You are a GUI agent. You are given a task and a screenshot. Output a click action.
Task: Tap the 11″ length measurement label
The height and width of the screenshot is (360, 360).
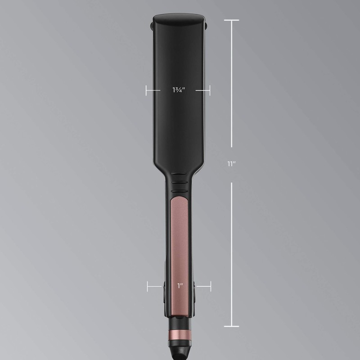(231, 164)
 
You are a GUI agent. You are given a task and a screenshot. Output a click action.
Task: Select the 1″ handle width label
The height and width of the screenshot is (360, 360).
(180, 285)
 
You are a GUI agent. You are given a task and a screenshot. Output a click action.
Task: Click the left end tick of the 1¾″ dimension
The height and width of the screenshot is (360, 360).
(147, 90)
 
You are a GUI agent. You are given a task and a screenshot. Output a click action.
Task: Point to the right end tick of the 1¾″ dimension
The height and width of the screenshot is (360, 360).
(210, 90)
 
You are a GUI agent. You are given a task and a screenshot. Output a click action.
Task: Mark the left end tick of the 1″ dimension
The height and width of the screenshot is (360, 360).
(148, 285)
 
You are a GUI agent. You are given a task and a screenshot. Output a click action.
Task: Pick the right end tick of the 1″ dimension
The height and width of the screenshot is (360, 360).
(210, 285)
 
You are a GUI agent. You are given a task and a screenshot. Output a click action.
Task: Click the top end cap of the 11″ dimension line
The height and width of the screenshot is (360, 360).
(231, 20)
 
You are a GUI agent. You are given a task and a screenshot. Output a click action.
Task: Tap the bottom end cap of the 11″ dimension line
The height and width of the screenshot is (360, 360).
(231, 326)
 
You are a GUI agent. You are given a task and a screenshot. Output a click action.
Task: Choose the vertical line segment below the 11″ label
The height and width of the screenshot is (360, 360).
(231, 254)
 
